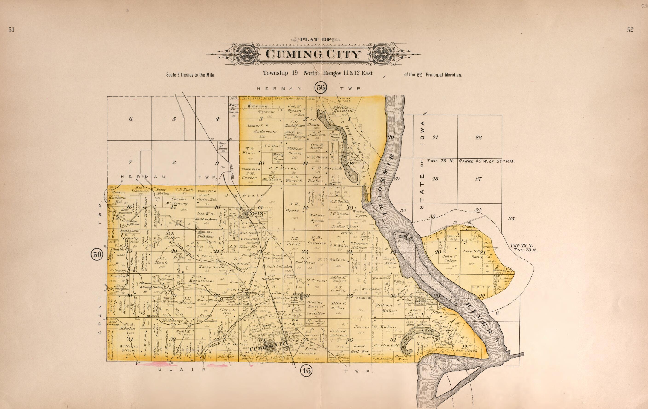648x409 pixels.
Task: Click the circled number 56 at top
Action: click(321, 87)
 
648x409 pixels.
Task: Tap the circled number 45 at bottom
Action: click(306, 371)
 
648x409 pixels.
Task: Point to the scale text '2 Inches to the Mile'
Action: click(191, 75)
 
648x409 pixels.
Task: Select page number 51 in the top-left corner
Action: click(11, 30)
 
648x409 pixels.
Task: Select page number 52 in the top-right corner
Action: click(630, 30)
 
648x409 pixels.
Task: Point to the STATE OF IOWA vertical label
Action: click(422, 165)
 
